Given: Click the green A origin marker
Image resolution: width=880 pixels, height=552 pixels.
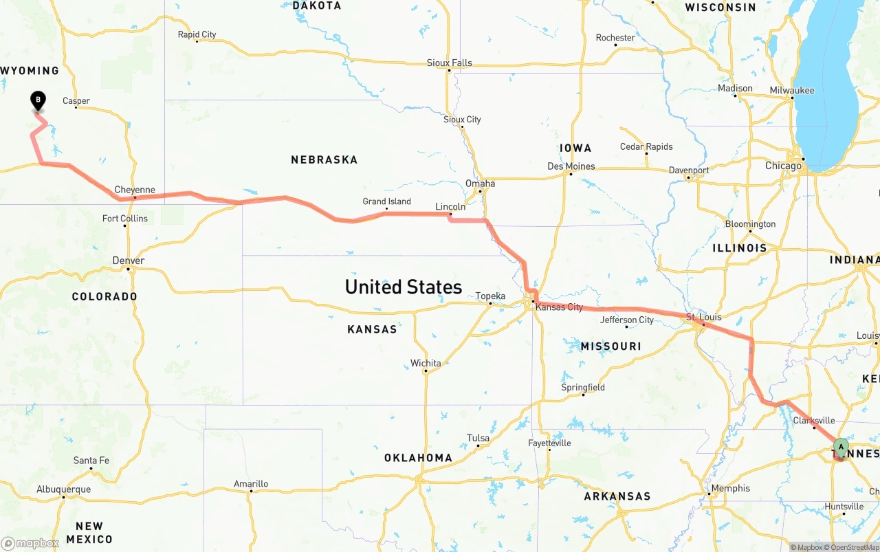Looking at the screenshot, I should [841, 448].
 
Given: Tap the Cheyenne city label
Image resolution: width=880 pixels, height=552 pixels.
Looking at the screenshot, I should [135, 190].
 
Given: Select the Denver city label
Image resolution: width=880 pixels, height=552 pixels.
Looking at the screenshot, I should [129, 261].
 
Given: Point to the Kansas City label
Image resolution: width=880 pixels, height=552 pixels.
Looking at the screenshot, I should [559, 307].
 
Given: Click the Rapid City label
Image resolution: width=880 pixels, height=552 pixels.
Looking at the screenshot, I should [197, 34].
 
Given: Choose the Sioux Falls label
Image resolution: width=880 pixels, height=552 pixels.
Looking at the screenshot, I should [450, 63].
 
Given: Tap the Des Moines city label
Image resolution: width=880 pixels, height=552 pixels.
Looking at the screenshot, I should [571, 166].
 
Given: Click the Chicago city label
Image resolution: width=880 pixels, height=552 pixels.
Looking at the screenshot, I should [783, 166].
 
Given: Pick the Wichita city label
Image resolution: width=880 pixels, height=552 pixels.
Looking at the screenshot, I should [426, 363].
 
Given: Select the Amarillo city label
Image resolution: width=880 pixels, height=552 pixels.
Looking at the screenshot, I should [251, 483].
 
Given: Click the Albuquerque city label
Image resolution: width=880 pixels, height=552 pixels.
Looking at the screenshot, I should [63, 489].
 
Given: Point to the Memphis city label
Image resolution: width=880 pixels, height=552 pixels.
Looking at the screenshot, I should [731, 488].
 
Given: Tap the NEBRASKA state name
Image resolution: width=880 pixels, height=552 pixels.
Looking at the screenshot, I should [324, 159].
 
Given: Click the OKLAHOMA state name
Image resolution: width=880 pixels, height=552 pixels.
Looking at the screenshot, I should [418, 458].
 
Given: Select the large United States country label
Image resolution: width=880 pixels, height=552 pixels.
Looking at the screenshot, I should [403, 287].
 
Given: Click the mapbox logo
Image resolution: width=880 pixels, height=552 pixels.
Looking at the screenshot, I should [30, 543].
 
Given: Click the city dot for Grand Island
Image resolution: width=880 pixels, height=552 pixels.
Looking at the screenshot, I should [387, 208].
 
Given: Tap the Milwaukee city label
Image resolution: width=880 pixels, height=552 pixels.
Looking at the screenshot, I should [792, 90].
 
